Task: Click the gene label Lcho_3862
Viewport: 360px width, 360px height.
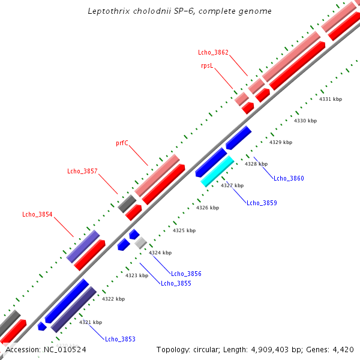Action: click(213, 53)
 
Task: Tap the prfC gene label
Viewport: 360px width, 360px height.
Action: click(122, 143)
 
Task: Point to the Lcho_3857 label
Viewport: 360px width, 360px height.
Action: click(82, 172)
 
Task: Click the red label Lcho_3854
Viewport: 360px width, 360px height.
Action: click(37, 214)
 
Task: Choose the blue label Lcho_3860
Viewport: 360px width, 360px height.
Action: click(289, 178)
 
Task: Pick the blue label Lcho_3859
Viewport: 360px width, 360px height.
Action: click(262, 203)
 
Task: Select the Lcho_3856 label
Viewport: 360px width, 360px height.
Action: click(186, 274)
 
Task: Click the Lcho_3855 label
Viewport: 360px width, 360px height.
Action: click(176, 283)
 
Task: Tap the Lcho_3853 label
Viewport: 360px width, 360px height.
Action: click(120, 339)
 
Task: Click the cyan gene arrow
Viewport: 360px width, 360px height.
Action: click(217, 171)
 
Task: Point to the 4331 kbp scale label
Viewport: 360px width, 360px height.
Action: click(331, 99)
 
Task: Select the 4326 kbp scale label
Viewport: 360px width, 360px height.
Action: click(208, 208)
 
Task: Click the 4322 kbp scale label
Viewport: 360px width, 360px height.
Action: click(113, 299)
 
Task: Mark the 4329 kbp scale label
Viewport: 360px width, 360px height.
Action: click(281, 142)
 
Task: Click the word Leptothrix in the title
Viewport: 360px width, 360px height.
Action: click(107, 11)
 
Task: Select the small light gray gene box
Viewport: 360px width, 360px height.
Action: click(141, 242)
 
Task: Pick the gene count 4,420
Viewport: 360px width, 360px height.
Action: click(343, 349)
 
